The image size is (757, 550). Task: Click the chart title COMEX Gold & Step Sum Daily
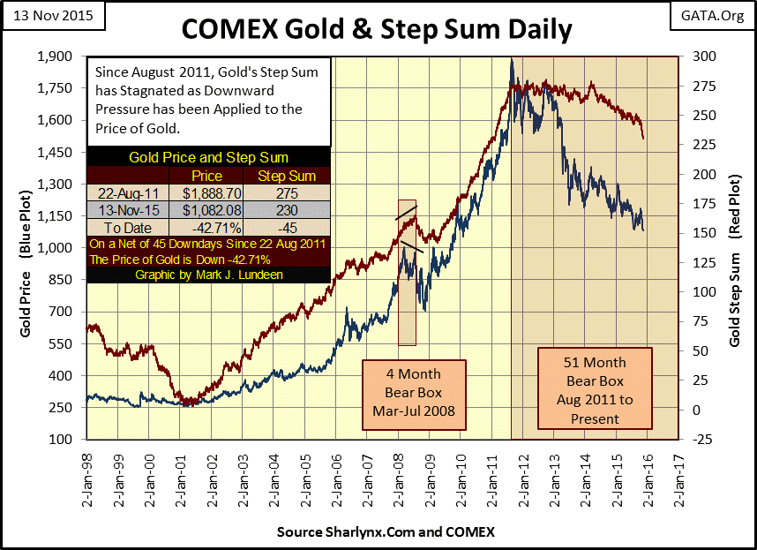click(377, 28)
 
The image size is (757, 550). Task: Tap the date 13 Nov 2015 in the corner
click(50, 16)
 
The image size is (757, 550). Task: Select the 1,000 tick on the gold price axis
click(64, 247)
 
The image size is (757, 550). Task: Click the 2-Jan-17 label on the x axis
click(677, 477)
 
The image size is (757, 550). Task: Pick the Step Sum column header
click(280, 176)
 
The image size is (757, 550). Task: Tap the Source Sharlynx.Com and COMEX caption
click(386, 531)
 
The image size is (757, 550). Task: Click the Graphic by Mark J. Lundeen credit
click(208, 274)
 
